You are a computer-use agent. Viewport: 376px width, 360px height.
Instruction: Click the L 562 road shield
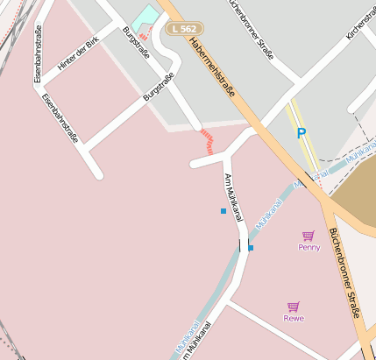point(184,29)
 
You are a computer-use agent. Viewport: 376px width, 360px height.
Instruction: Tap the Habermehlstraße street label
point(211,75)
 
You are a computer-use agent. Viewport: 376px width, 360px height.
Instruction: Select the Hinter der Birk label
point(76,55)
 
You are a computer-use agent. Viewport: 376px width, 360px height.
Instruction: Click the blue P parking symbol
point(302,133)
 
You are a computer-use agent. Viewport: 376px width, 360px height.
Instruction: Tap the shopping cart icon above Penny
point(308,236)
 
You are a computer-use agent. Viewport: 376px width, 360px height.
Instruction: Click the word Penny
point(309,247)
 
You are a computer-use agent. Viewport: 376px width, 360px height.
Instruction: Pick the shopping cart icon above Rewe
point(294,307)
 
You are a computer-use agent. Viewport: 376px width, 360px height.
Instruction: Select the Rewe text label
point(294,318)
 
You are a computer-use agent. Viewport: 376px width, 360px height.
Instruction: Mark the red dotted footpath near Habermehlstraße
point(208,141)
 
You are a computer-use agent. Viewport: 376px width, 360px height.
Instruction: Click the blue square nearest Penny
point(251,248)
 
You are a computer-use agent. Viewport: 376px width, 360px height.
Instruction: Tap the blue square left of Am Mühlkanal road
point(223,211)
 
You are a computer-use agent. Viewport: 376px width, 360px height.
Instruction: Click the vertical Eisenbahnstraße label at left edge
point(38,54)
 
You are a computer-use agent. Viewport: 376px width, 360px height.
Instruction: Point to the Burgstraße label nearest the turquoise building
point(137,44)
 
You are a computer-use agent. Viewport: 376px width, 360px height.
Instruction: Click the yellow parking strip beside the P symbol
point(301,123)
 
